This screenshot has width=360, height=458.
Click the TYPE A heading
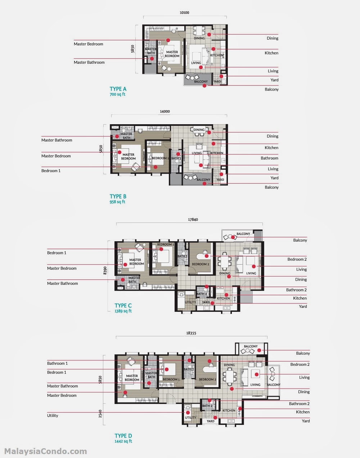(x=118, y=89)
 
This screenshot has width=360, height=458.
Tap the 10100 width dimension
(x=184, y=13)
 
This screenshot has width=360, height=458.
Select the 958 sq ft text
(x=117, y=202)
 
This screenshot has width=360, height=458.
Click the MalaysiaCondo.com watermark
(x=45, y=451)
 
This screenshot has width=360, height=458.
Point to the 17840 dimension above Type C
(x=193, y=219)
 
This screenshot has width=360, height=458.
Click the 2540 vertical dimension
(x=100, y=414)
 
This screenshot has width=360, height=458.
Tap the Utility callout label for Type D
(x=53, y=416)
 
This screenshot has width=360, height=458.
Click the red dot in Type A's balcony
(x=204, y=86)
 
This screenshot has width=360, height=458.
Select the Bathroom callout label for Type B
(x=269, y=158)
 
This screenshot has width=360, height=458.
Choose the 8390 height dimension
(x=105, y=270)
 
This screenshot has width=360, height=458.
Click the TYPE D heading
(x=123, y=436)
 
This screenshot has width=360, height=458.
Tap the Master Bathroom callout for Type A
(x=89, y=62)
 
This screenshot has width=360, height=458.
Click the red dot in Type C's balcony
(x=233, y=237)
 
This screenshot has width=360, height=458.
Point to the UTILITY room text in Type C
(x=190, y=302)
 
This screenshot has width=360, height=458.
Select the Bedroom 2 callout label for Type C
(x=297, y=259)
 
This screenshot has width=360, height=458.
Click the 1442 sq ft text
(x=123, y=441)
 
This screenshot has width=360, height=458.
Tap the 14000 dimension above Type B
(x=165, y=111)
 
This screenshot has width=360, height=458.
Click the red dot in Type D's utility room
(x=188, y=413)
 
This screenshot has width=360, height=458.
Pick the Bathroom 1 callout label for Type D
(x=58, y=363)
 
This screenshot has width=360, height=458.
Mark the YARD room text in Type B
(x=220, y=180)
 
